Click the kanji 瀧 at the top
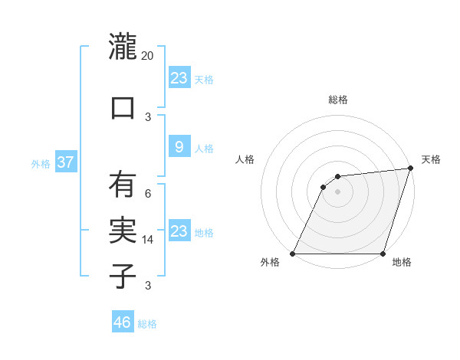(x=123, y=47)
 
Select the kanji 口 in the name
(x=123, y=107)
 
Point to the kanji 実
(x=123, y=229)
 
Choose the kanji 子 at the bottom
(x=123, y=276)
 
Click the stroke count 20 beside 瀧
(x=148, y=56)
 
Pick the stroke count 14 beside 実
(x=148, y=240)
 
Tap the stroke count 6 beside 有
(x=148, y=194)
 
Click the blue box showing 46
(x=123, y=322)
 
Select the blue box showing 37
(x=66, y=162)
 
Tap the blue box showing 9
(x=179, y=147)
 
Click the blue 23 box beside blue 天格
(x=179, y=78)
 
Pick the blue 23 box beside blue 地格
(x=179, y=231)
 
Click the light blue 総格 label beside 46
(x=147, y=324)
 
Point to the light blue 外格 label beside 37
(x=41, y=163)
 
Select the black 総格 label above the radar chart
(x=338, y=100)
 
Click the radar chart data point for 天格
(x=410, y=169)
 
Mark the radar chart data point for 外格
(x=292, y=254)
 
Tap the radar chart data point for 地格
(x=383, y=254)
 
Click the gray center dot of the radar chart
(x=337, y=191)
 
